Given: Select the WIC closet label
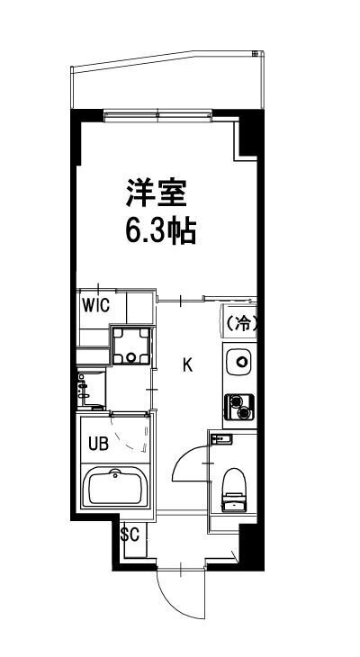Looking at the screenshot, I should [95, 304].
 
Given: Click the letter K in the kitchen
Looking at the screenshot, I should [188, 364].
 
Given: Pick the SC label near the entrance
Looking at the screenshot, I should [130, 534].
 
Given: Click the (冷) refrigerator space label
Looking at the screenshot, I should [240, 323].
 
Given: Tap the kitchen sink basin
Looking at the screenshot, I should [240, 365].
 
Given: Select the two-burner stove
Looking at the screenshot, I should [240, 406].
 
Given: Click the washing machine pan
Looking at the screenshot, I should [130, 345].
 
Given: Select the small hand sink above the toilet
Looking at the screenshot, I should [222, 438].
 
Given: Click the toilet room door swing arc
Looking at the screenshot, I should [187, 462].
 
